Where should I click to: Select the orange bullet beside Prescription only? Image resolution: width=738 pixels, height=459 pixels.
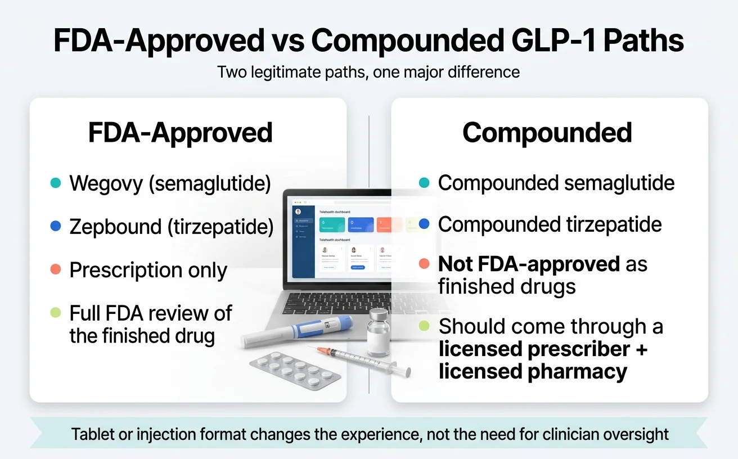[55, 270]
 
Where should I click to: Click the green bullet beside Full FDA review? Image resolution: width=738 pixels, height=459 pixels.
[55, 313]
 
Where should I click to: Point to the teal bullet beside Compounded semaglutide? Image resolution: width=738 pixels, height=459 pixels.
[425, 183]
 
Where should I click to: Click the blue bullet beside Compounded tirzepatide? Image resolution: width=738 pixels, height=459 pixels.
[425, 224]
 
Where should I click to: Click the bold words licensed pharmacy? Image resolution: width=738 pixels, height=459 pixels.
[533, 372]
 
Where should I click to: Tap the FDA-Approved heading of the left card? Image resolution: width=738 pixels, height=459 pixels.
[180, 133]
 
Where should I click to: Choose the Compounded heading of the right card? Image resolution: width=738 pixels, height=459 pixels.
[547, 133]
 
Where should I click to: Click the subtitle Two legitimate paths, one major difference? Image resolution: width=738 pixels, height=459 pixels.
[368, 73]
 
